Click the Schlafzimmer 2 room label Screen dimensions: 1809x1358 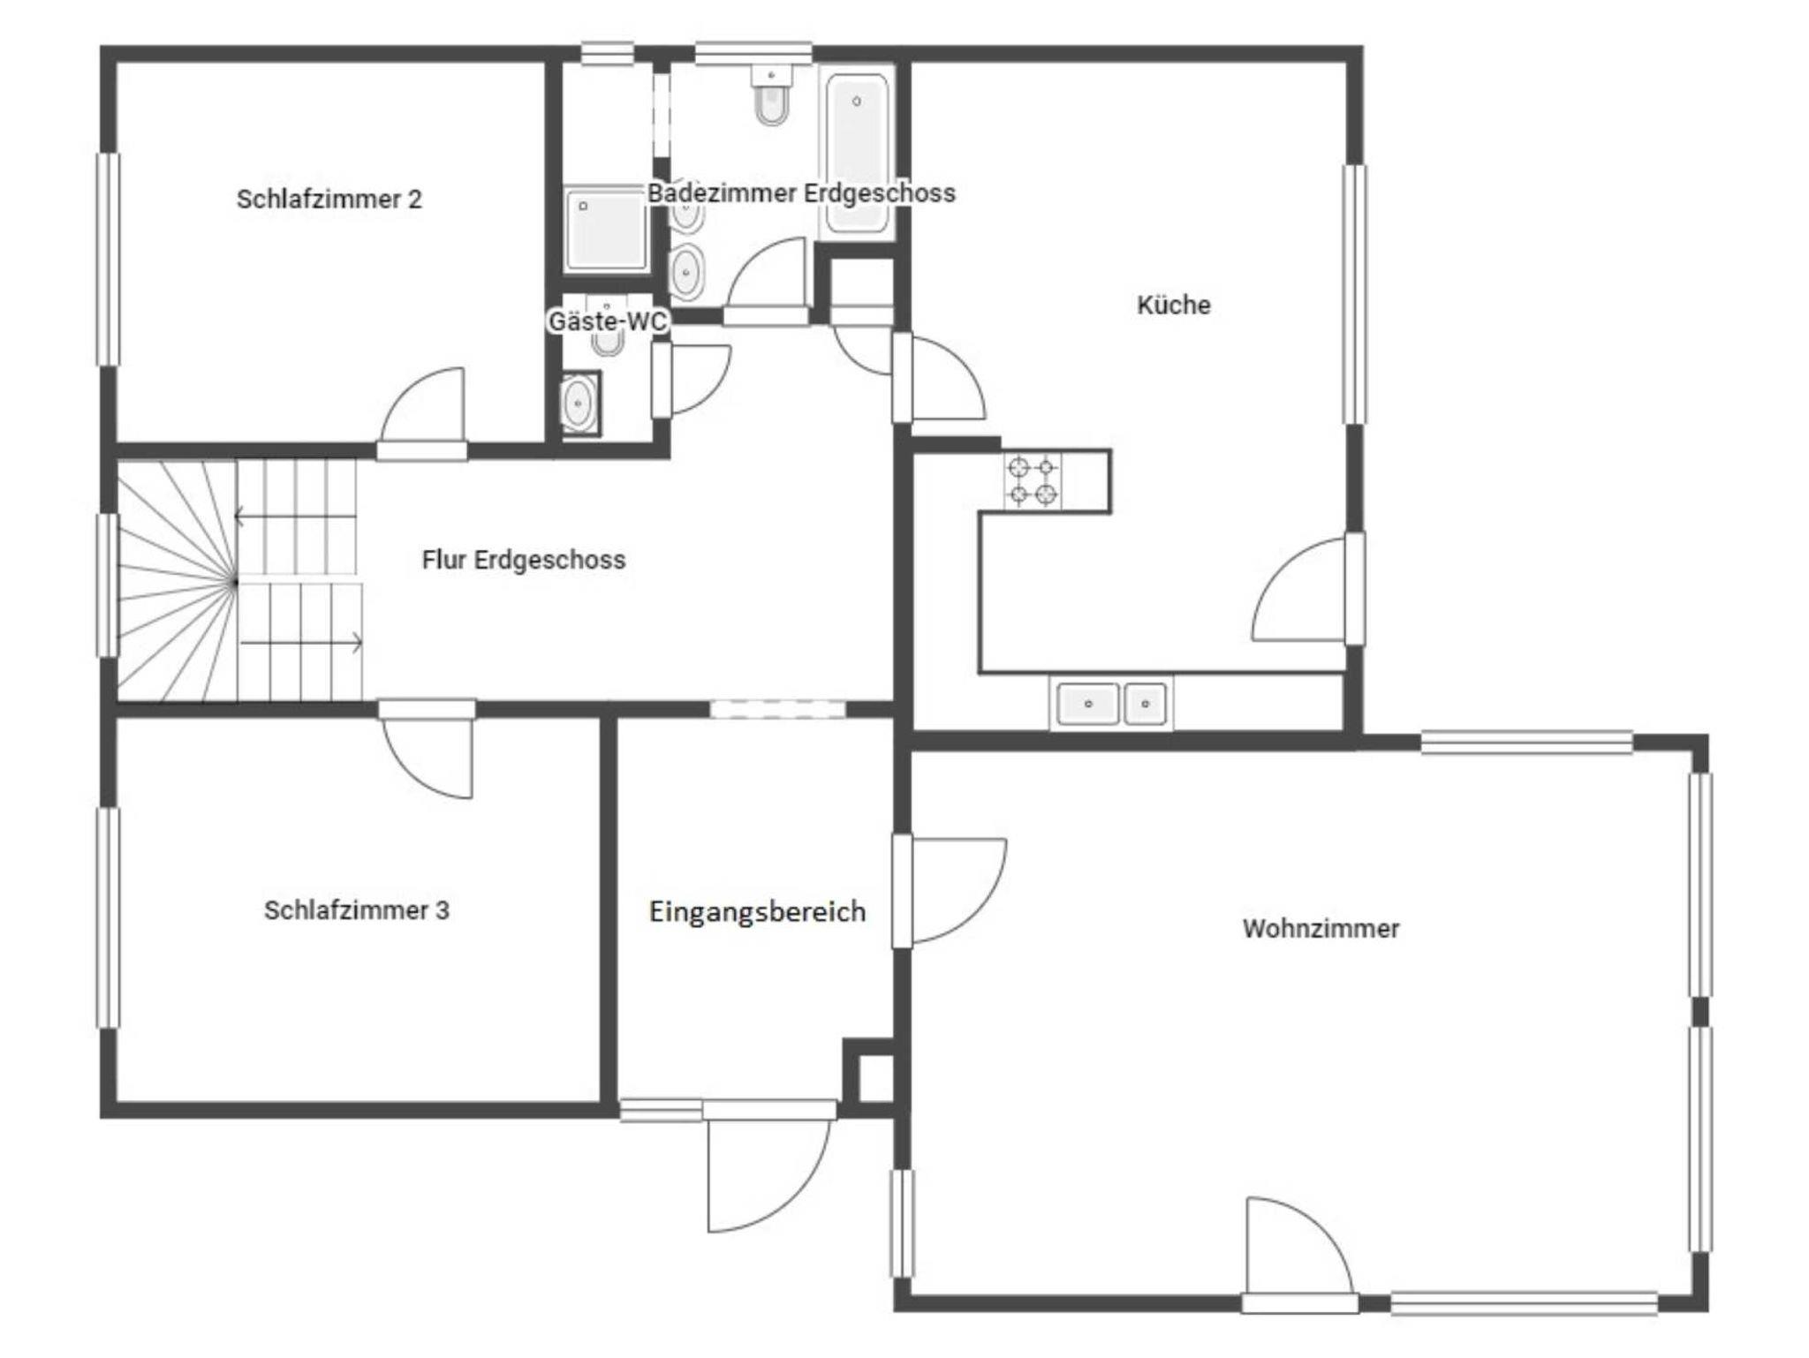(329, 200)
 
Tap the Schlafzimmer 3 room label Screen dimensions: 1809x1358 (357, 910)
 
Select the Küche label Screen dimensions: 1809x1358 (1173, 306)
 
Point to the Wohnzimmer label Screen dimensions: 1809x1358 (1321, 929)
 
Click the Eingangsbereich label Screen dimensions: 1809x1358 (757, 912)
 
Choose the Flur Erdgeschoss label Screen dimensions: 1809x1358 (524, 560)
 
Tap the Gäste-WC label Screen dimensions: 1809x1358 (608, 321)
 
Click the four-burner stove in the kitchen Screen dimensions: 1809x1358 (1033, 481)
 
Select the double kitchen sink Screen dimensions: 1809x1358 (1112, 704)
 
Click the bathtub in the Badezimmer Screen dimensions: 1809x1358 (856, 153)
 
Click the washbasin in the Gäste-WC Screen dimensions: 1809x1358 (579, 404)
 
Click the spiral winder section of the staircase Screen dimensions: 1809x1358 (177, 582)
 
